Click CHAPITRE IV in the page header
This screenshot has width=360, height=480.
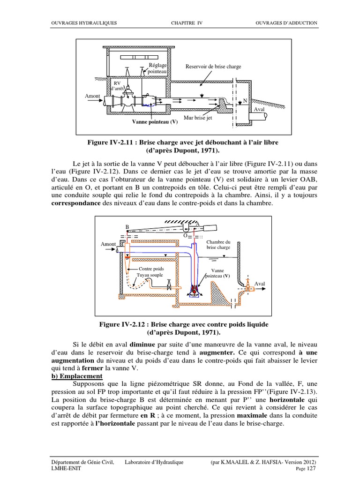coord(187,23)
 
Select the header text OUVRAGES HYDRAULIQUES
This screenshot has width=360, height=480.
coord(84,23)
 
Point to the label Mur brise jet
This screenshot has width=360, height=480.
coord(198,118)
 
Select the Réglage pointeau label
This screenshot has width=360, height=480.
coord(157,68)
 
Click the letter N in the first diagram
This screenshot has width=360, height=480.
coord(245,101)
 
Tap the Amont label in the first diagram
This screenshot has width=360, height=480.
coord(92,96)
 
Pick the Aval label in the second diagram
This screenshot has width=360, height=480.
coord(259,284)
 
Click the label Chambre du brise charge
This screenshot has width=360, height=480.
coord(218,244)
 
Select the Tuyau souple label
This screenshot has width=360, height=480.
coord(150,275)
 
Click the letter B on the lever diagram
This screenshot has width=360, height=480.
coord(127,226)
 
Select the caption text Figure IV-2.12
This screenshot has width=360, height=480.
coord(121,324)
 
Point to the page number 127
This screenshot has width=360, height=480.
coord(312,469)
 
